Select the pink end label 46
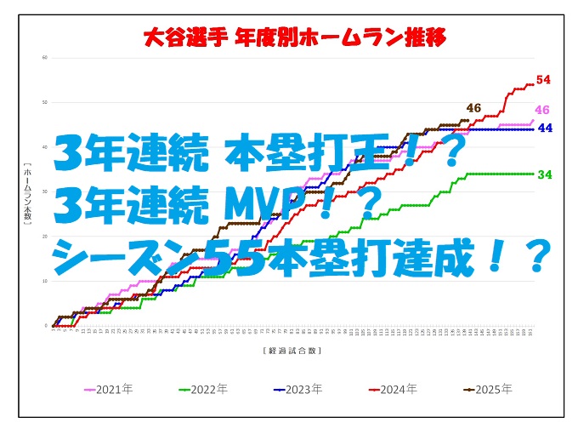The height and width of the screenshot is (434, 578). [542, 111]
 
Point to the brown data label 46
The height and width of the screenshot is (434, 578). [473, 108]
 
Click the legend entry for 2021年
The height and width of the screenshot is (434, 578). [107, 390]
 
